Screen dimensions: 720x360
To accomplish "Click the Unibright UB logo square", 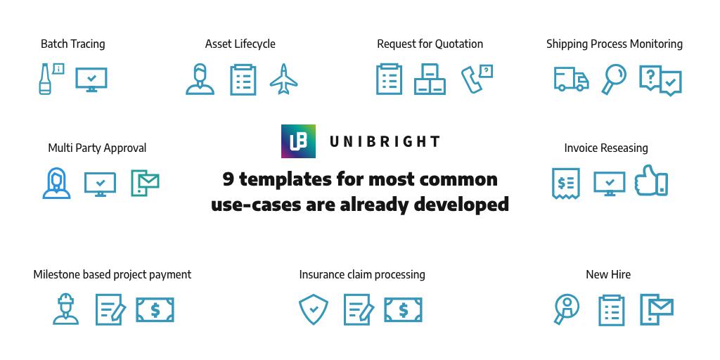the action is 298,141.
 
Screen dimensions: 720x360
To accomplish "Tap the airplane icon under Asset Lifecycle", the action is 284,79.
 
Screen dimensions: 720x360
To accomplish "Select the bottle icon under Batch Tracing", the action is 44,79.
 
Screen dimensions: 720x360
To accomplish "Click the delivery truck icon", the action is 571,79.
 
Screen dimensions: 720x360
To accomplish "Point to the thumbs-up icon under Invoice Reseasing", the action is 651,181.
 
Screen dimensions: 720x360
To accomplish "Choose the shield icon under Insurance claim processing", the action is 314,309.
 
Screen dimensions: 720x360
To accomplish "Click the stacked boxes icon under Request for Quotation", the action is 430,79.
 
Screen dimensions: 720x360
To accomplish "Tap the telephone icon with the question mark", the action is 477,79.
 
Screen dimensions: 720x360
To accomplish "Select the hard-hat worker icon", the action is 65,309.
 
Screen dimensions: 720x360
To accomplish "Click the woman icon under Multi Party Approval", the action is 56,183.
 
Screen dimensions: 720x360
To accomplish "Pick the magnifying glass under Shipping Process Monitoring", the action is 614,79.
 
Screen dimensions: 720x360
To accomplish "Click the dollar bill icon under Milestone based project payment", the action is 155,310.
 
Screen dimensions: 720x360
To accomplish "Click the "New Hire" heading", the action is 608,275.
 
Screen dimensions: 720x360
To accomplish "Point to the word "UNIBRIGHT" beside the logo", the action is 385,141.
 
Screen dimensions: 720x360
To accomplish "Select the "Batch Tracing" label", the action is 73,44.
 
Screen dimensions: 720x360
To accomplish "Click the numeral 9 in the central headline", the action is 229,179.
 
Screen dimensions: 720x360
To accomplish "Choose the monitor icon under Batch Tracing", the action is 91,79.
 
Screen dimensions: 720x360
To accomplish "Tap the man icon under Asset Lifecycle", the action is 200,79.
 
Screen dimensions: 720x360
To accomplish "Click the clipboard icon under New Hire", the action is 612,310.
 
